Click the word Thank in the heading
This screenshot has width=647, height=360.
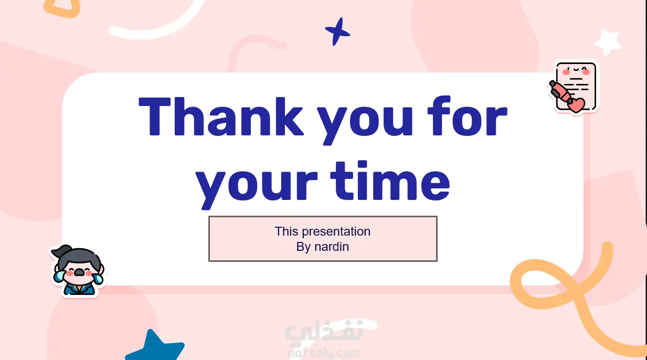(x=221, y=117)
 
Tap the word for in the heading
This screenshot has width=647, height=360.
(x=468, y=116)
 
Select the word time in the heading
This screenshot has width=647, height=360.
(x=390, y=181)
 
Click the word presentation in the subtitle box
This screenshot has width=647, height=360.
(x=336, y=232)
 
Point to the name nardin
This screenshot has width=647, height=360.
(x=332, y=247)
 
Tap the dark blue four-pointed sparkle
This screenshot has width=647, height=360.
(x=337, y=31)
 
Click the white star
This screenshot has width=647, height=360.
(x=608, y=41)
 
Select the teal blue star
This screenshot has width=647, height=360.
(x=155, y=346)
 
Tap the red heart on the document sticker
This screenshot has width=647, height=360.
(x=577, y=104)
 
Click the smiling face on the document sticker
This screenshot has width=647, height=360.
(x=576, y=70)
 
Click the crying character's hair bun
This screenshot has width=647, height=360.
(x=61, y=250)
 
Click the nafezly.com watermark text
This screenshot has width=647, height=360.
(x=324, y=353)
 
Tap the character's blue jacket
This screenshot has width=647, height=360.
(x=78, y=290)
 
